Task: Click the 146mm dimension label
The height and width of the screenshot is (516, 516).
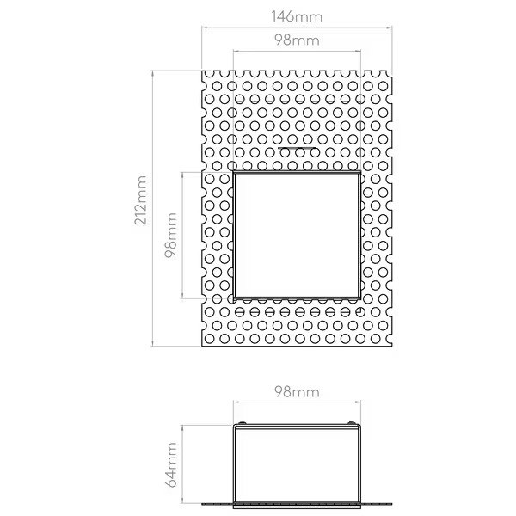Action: click(297, 16)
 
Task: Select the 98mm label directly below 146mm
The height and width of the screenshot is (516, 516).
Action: click(297, 40)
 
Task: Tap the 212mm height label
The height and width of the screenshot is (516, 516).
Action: click(140, 200)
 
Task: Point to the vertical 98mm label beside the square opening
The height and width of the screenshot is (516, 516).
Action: click(171, 235)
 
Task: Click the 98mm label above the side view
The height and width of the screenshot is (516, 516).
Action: click(297, 392)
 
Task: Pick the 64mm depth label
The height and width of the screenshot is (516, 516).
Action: click(171, 464)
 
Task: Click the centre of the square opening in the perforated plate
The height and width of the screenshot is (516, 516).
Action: click(297, 235)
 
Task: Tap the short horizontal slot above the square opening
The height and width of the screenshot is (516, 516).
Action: click(297, 148)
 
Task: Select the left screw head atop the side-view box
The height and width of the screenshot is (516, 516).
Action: click(242, 422)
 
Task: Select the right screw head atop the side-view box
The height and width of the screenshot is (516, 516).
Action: click(352, 422)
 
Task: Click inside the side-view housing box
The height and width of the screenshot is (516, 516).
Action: click(297, 464)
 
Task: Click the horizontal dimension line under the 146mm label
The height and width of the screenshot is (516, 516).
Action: click(297, 28)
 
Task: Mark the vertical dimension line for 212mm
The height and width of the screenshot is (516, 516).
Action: click(152, 208)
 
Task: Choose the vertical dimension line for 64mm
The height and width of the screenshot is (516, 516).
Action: click(182, 464)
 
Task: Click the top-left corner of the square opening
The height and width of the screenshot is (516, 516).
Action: click(234, 172)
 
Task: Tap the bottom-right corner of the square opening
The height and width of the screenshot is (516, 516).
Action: click(360, 298)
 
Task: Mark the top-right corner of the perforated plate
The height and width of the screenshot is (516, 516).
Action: click(392, 71)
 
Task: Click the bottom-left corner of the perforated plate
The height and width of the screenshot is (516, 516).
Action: click(202, 346)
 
